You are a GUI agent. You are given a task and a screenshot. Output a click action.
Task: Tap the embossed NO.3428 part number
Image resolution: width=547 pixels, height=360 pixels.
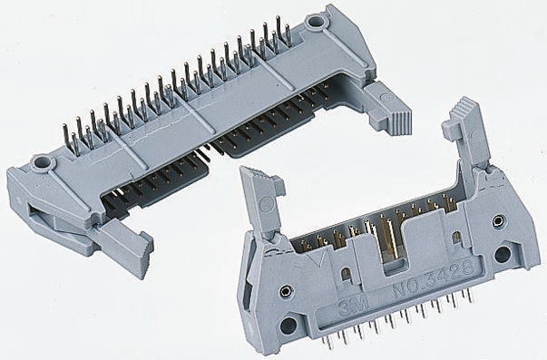click(434, 278)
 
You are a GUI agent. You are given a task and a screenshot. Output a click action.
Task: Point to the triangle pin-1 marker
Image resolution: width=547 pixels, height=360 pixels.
click(317, 258)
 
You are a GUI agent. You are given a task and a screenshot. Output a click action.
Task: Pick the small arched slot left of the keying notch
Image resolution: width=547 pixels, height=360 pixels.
click(347, 275)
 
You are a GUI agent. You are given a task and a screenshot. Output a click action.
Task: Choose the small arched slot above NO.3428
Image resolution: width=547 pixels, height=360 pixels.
click(456, 238)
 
